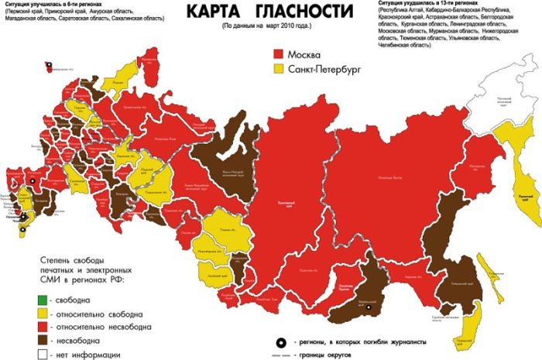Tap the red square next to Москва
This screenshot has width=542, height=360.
pyautogui.click(x=278, y=55)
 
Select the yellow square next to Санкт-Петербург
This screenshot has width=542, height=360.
pyautogui.click(x=278, y=70)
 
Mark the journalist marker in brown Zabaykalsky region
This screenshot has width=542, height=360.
pyautogui.click(x=369, y=308)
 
